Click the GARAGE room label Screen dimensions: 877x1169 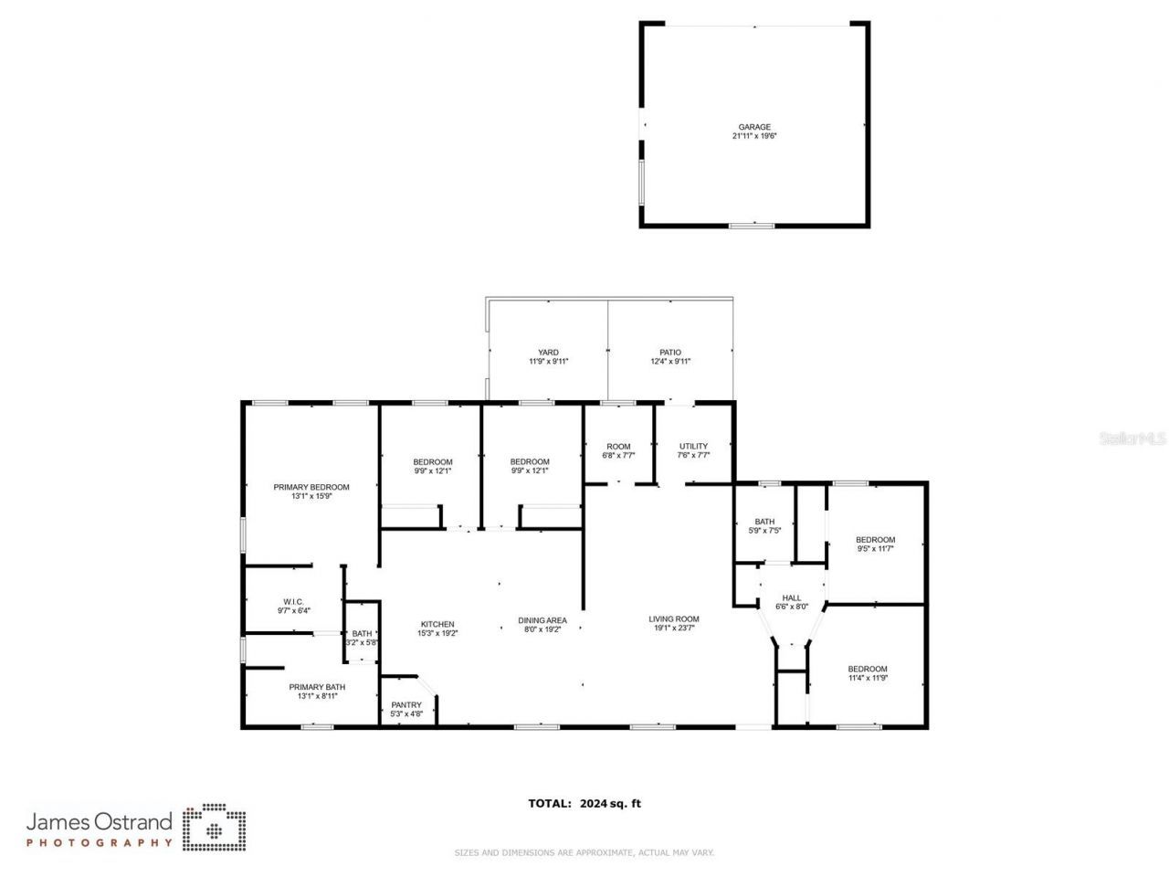point(754,127)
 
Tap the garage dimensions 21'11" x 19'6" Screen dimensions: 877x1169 point(754,136)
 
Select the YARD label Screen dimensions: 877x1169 point(548,353)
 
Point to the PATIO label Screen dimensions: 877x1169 point(670,353)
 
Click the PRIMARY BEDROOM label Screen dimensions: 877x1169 point(311,487)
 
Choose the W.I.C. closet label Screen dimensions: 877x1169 point(293,601)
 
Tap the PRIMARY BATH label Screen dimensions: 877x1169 point(317,687)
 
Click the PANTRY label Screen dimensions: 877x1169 point(406,704)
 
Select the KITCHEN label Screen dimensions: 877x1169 point(437,624)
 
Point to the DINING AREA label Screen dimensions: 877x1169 point(542,620)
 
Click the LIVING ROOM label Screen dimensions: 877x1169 point(674,619)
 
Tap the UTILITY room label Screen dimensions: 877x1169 point(693,446)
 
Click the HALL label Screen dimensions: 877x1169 point(792,597)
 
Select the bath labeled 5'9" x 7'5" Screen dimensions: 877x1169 point(765,525)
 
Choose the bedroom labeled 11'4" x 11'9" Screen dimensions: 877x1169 point(868,673)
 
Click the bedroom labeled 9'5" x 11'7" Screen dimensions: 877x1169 point(875,544)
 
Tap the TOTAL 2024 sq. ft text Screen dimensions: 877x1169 point(584,804)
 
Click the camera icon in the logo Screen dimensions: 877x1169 point(215,828)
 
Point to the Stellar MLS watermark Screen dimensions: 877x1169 point(1132,438)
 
